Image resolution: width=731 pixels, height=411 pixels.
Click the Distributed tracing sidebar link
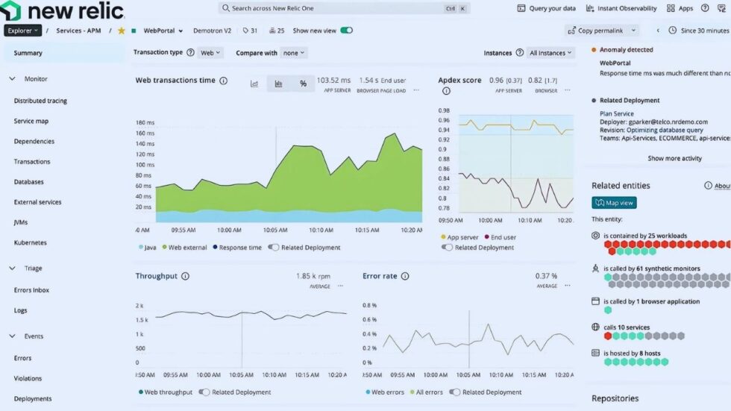click(x=42, y=101)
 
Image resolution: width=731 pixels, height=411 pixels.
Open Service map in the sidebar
click(x=31, y=121)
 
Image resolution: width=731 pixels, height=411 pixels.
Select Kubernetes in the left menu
click(x=31, y=242)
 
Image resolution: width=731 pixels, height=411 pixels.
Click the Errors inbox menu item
click(x=32, y=290)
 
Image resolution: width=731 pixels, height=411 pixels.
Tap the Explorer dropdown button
click(x=22, y=31)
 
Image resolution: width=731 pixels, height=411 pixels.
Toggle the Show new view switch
click(x=346, y=31)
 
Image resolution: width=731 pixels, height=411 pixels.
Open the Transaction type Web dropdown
click(x=210, y=53)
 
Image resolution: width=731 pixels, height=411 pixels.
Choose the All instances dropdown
click(x=550, y=53)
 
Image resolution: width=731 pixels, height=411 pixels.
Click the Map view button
click(x=614, y=202)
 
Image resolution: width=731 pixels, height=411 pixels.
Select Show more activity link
click(x=674, y=158)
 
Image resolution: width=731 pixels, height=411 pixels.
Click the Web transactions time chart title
click(x=175, y=81)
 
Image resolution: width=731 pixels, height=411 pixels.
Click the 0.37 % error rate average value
click(x=546, y=276)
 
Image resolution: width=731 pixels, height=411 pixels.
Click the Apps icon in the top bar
click(x=680, y=8)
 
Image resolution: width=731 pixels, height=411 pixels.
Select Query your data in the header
click(x=547, y=8)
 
